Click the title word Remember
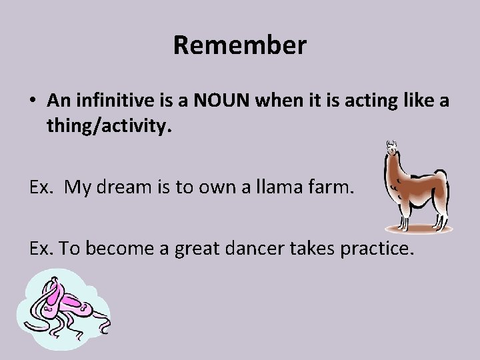[239, 46]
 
